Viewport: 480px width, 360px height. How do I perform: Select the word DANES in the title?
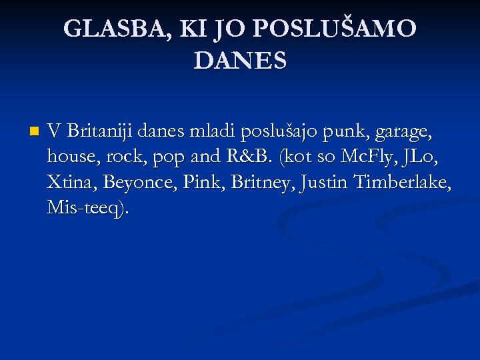(240, 61)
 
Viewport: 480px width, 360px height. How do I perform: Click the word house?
(69, 157)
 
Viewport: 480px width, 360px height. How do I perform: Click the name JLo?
(427, 157)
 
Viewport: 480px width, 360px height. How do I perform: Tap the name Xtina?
(71, 181)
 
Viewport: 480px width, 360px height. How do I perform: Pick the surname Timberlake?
(404, 181)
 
